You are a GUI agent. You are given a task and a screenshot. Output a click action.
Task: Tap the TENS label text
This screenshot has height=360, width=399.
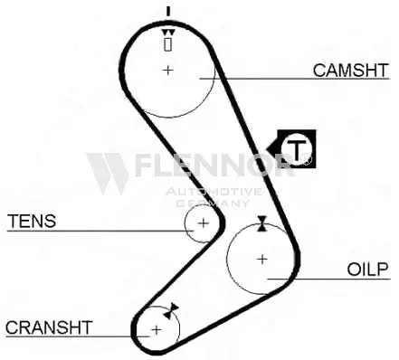(x=32, y=221)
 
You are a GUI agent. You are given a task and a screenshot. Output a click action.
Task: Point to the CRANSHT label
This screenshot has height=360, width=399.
(x=49, y=327)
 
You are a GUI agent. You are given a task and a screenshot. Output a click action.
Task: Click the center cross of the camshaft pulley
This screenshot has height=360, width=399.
(x=167, y=70)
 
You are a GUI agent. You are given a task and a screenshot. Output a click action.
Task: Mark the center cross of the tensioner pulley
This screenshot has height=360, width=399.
(x=203, y=222)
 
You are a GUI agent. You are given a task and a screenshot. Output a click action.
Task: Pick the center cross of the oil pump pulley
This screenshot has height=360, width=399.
(x=261, y=259)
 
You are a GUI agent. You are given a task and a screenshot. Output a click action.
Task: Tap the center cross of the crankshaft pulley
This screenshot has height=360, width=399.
(x=156, y=329)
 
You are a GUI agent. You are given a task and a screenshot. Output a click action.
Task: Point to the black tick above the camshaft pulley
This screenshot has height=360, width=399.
(x=167, y=12)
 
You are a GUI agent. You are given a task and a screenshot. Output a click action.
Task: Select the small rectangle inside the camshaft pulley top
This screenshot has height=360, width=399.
(x=167, y=43)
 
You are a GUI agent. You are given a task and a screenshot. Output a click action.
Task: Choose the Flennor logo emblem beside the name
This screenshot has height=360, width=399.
(x=108, y=172)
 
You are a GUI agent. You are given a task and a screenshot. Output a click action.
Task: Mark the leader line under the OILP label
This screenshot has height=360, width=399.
(x=335, y=278)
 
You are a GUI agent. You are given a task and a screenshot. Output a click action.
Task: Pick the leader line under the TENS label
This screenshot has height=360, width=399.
(x=90, y=231)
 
